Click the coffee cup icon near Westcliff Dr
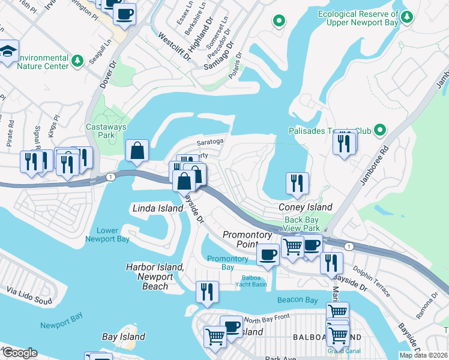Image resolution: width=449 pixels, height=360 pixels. [x=124, y=14]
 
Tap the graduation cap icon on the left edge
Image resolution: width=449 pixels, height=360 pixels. [x=8, y=51]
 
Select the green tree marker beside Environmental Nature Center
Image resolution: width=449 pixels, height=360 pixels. [x=77, y=61]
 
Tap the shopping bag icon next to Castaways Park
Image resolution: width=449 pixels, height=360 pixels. [x=137, y=151]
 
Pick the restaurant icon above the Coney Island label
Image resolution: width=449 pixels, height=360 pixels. [x=297, y=184]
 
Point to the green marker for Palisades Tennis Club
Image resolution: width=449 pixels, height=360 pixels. [x=379, y=130]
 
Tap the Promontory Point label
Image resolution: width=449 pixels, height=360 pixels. [x=247, y=239]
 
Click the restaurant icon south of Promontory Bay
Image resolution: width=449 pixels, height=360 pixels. [x=205, y=292]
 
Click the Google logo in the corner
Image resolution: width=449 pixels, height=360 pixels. [x=19, y=353]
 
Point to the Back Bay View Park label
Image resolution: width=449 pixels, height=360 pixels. [x=301, y=224]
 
